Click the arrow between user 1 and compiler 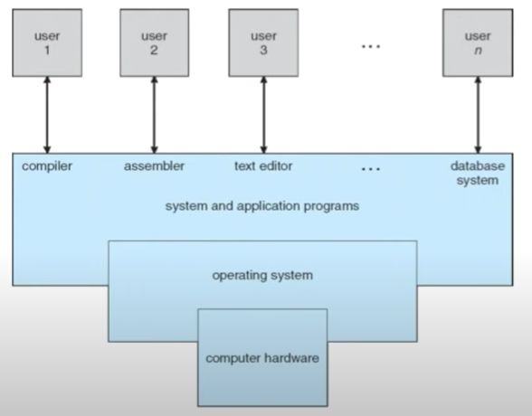(x=46, y=114)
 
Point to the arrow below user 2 (x=154, y=114)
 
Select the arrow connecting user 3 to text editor (x=262, y=114)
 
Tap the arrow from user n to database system (x=478, y=114)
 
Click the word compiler (x=46, y=167)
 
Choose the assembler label (x=154, y=167)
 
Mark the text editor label (x=263, y=167)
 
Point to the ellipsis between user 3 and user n (x=371, y=44)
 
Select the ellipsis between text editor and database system (x=370, y=169)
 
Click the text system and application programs (x=262, y=206)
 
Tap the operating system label (x=262, y=275)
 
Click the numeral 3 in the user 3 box (x=262, y=51)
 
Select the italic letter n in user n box (x=478, y=52)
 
